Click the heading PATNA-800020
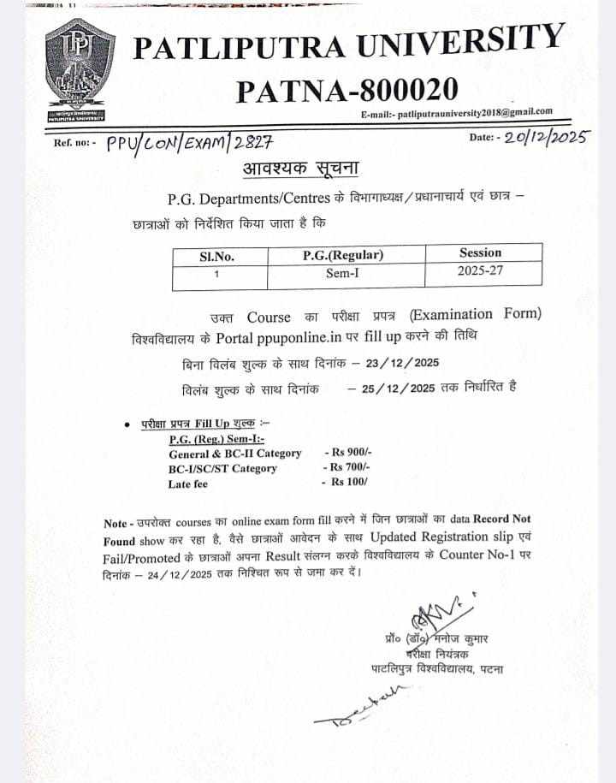pos(346,89)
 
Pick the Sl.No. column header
pos(216,256)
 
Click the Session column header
pos(480,252)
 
